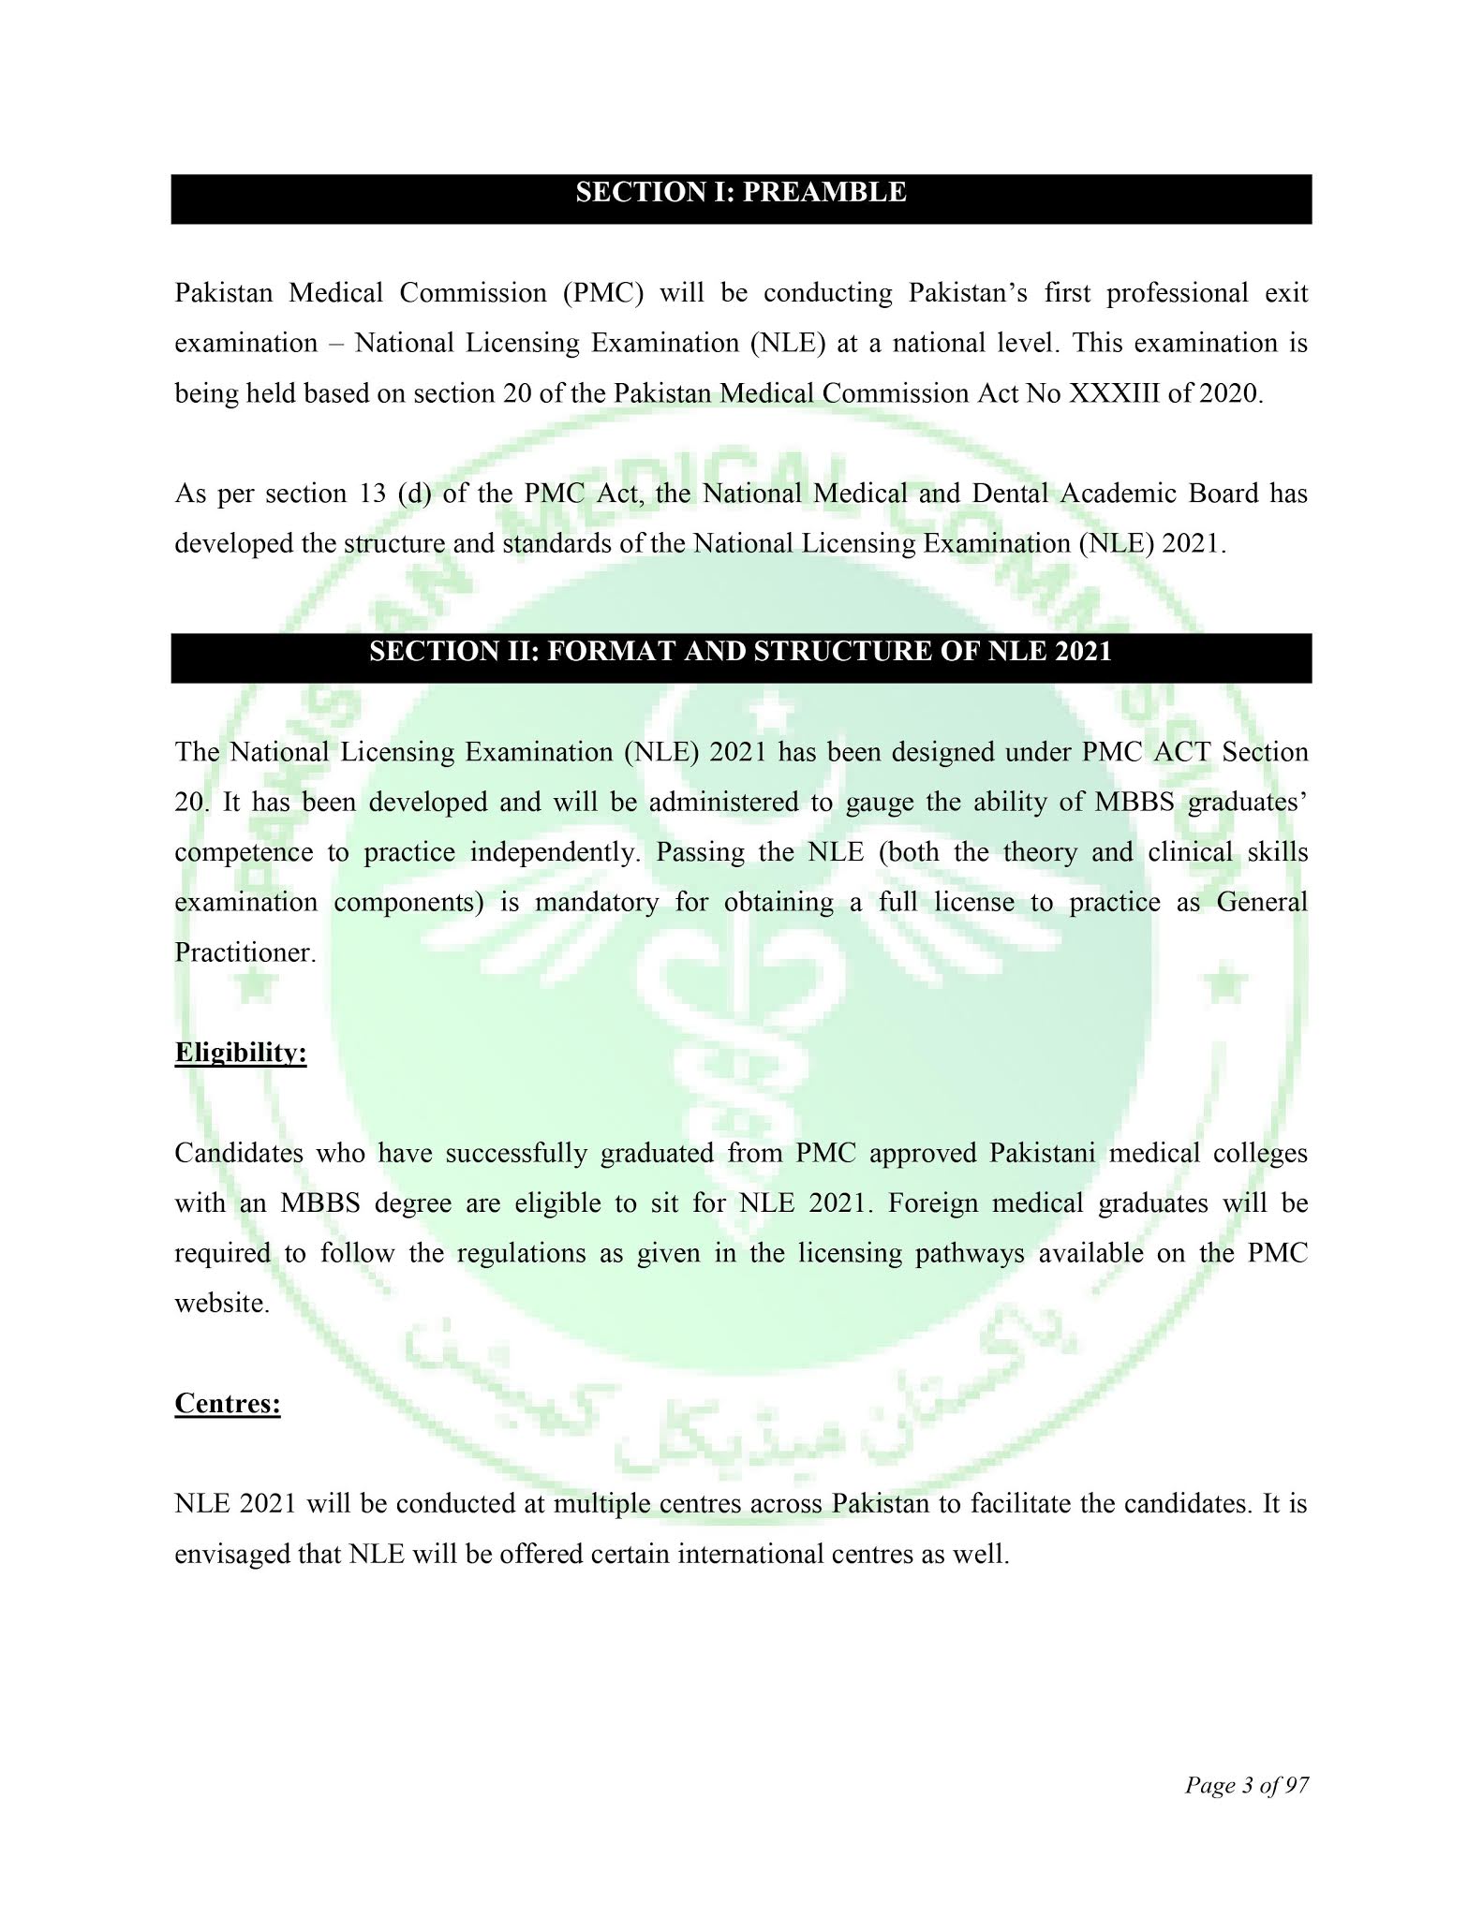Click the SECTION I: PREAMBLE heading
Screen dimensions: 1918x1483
[740, 193]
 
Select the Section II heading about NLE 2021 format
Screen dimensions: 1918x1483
[740, 652]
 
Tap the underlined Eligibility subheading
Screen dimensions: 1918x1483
[241, 1053]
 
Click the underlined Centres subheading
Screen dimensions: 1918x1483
[228, 1404]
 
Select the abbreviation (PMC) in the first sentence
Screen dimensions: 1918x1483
[602, 293]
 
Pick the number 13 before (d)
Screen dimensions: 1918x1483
[373, 494]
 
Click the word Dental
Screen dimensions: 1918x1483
[1008, 494]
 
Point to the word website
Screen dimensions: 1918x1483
[222, 1304]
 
